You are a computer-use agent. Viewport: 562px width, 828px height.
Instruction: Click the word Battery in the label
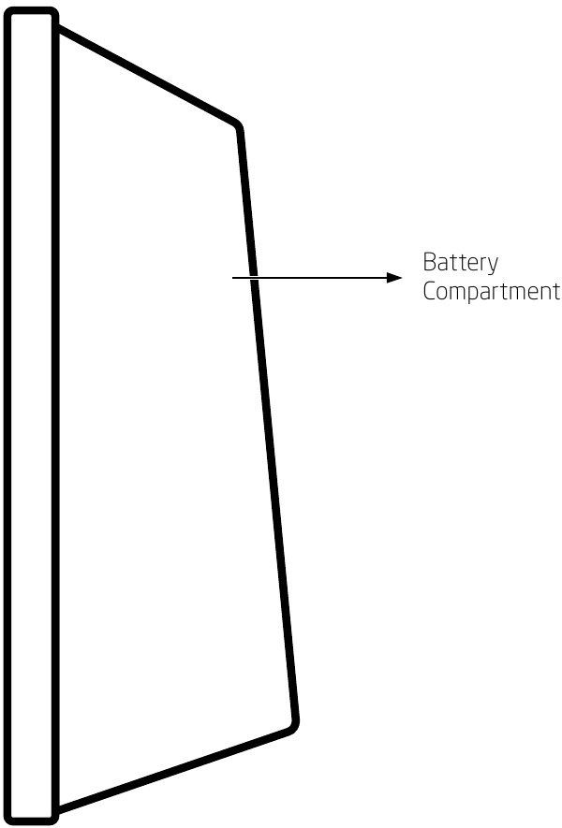click(x=461, y=263)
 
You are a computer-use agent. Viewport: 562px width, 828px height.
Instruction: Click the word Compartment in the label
click(x=491, y=292)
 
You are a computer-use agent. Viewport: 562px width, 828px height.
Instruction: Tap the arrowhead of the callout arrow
click(x=394, y=278)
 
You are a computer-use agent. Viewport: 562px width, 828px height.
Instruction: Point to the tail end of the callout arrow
click(x=232, y=278)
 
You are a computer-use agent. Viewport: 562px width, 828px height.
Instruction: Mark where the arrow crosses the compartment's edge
click(x=254, y=278)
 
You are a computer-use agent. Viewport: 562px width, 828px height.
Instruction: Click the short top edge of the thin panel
click(x=31, y=10)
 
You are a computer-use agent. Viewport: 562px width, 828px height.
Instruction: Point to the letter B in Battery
click(x=429, y=262)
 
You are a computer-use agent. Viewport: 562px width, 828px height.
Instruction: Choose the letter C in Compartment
click(x=429, y=292)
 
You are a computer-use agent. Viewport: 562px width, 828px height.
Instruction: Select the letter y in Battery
click(x=493, y=266)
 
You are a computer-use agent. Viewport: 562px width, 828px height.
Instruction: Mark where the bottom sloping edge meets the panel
click(x=58, y=809)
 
